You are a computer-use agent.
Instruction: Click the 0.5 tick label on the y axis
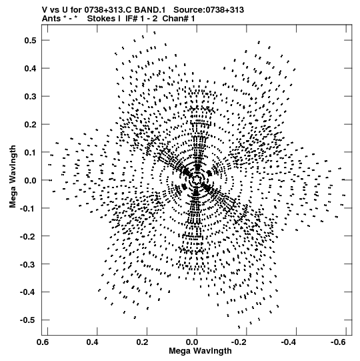tap(31, 40)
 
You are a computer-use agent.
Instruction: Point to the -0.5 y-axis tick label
tap(28, 320)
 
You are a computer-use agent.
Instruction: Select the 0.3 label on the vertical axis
tap(31, 96)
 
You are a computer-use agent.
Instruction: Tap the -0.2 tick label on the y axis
tap(28, 236)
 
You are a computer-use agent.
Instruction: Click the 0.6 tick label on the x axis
tap(43, 342)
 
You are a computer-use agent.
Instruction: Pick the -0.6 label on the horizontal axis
tap(337, 342)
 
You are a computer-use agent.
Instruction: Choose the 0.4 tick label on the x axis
tap(93, 342)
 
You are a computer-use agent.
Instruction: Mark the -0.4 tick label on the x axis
tap(288, 342)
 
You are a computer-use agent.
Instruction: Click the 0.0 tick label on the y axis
tap(31, 180)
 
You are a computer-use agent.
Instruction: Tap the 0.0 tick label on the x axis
tap(192, 342)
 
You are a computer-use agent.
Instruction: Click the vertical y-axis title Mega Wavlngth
tap(13, 177)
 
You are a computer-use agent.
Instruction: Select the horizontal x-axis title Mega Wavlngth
tap(200, 351)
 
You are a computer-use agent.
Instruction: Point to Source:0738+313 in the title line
tap(209, 10)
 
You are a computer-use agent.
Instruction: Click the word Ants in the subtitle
tap(51, 19)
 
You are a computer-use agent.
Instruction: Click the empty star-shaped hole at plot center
tap(196, 179)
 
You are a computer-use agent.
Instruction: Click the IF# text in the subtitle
tap(131, 19)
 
